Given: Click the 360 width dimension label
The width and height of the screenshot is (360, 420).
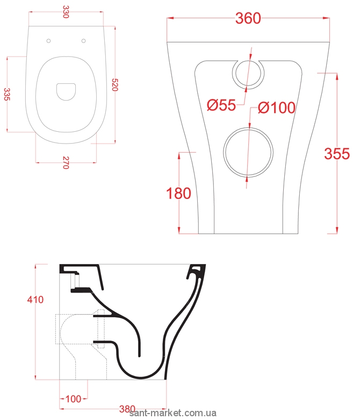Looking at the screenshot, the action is coord(248,18).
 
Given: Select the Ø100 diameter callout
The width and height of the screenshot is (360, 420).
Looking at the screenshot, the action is coord(276,108).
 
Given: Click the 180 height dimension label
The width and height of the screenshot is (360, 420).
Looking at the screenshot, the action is coord(179,193).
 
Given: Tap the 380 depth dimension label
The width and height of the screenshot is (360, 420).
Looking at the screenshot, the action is coord(127,409).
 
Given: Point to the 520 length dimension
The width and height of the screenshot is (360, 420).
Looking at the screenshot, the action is coord(114,84).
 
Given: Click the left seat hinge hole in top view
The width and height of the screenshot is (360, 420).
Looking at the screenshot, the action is coord(49,41).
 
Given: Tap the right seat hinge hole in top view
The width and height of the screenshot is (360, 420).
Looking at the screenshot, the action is coord(84,41).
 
